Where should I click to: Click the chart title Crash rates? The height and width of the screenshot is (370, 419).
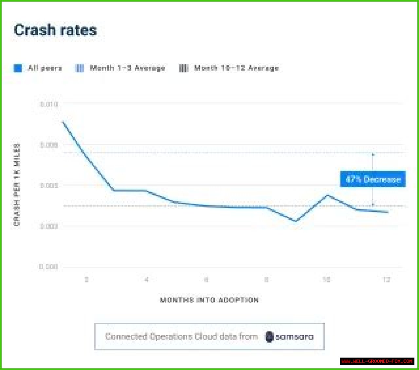[x=55, y=30]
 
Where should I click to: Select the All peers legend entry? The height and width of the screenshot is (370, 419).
[x=38, y=68]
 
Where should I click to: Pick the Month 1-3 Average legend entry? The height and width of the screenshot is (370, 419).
[x=120, y=68]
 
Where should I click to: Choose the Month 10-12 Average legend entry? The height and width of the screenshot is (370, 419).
[x=229, y=68]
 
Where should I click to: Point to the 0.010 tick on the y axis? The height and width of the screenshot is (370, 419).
[x=49, y=104]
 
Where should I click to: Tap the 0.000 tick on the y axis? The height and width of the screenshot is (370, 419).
[x=48, y=267]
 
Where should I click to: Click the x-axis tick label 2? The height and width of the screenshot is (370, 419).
[x=86, y=280]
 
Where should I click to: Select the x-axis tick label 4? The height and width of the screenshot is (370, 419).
[x=146, y=280]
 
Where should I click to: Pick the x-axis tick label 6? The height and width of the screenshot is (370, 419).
[x=206, y=280]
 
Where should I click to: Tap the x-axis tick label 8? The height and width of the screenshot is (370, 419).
[x=266, y=280]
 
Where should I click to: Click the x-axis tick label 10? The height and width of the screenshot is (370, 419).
[x=326, y=280]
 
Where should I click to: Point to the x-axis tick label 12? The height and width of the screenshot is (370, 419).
[x=387, y=280]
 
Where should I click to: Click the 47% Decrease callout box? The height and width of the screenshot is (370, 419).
[x=373, y=179]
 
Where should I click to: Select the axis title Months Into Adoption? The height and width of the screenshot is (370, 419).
[x=209, y=300]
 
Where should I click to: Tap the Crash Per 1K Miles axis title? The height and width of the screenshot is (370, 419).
[x=17, y=185]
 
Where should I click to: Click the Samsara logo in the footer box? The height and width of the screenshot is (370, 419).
[x=289, y=337]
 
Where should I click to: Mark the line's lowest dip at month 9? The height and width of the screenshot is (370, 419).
[x=296, y=221]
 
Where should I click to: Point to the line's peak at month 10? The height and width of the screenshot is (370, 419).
[x=327, y=195]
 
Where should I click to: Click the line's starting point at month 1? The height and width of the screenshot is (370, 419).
[x=63, y=122]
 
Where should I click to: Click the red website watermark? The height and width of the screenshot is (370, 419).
[x=377, y=361]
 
